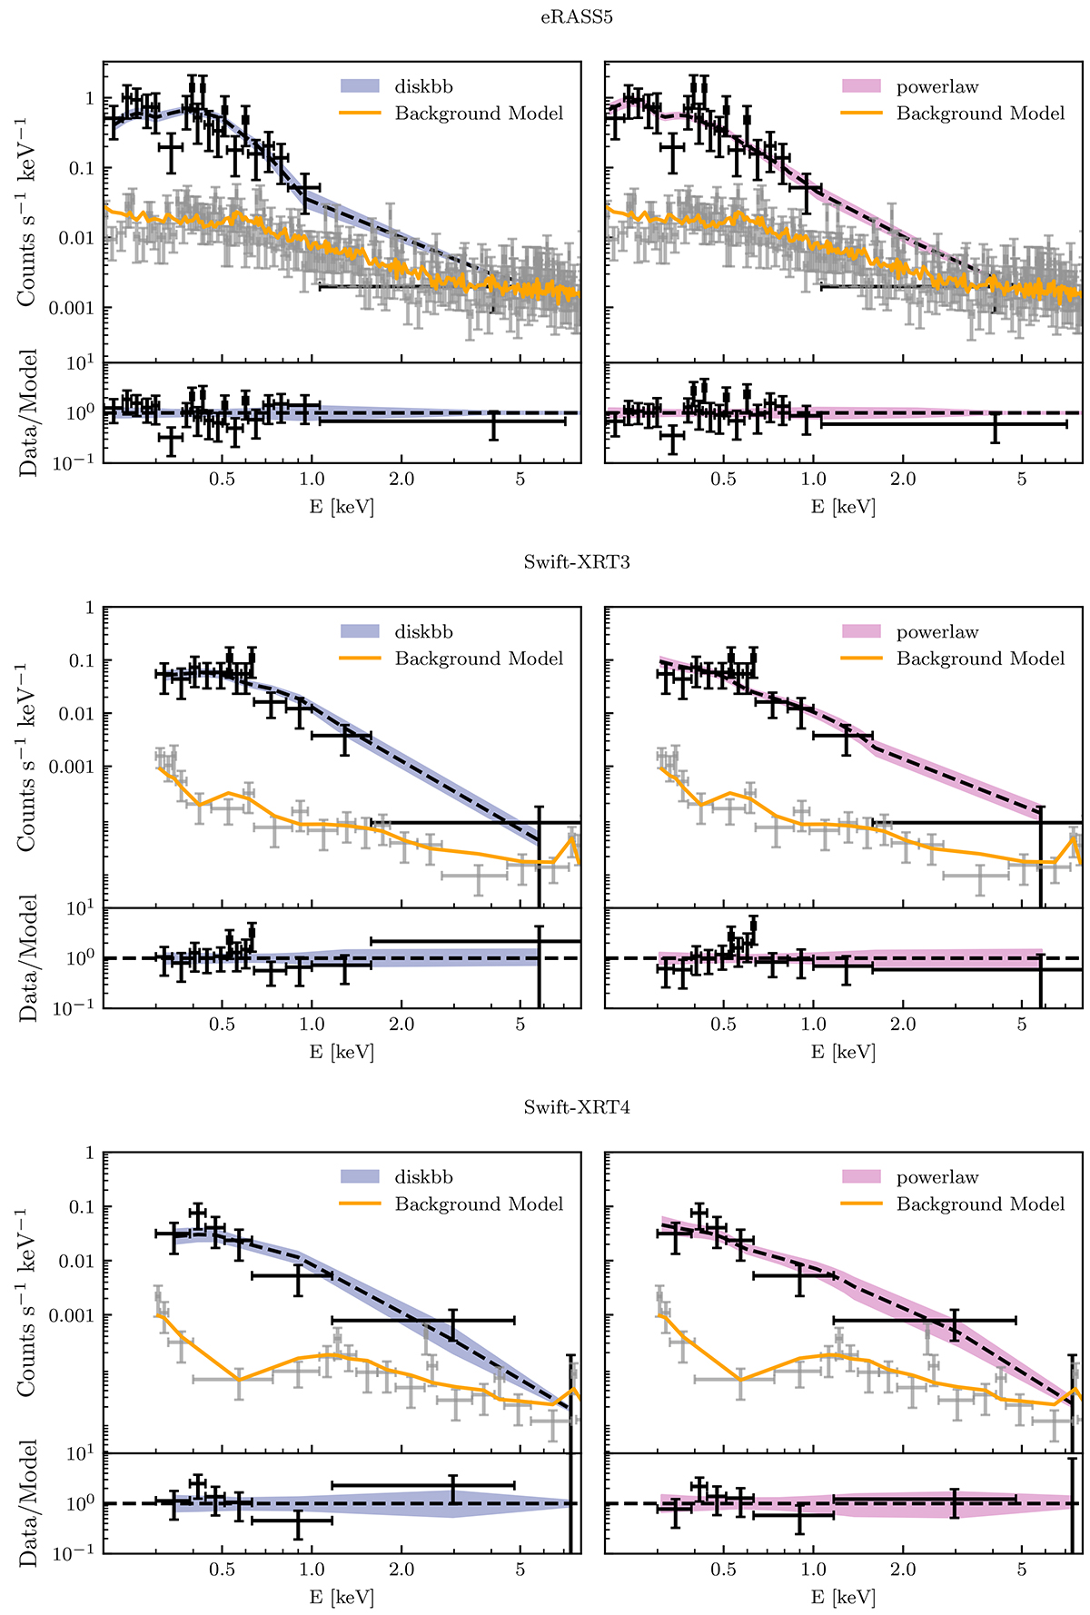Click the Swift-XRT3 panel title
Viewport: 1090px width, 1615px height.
577,562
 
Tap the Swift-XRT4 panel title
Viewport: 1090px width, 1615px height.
577,1107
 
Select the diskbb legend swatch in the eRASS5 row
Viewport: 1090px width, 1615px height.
359,86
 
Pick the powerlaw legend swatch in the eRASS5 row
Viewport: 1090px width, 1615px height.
860,86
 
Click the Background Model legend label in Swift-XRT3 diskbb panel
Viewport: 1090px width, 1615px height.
479,659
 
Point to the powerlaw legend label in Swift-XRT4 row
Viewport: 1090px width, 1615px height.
937,1177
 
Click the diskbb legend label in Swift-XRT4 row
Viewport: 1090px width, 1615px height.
423,1177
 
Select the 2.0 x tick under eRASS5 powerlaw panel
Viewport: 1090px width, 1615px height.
903,479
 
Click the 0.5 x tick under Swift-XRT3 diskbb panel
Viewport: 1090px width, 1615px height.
222,1025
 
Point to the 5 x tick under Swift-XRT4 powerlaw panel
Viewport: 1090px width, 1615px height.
1022,1570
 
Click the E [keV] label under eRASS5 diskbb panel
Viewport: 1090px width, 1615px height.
342,507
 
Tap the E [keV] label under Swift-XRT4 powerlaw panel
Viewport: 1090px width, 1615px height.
843,1597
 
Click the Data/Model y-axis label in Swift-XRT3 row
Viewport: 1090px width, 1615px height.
29,958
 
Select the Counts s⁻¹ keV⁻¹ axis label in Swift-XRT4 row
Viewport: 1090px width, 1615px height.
27,1303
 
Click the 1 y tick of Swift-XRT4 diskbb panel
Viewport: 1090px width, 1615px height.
89,1154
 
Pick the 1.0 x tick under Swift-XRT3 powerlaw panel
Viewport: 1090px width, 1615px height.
813,1025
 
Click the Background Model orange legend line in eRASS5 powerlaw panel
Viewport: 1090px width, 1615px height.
860,114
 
